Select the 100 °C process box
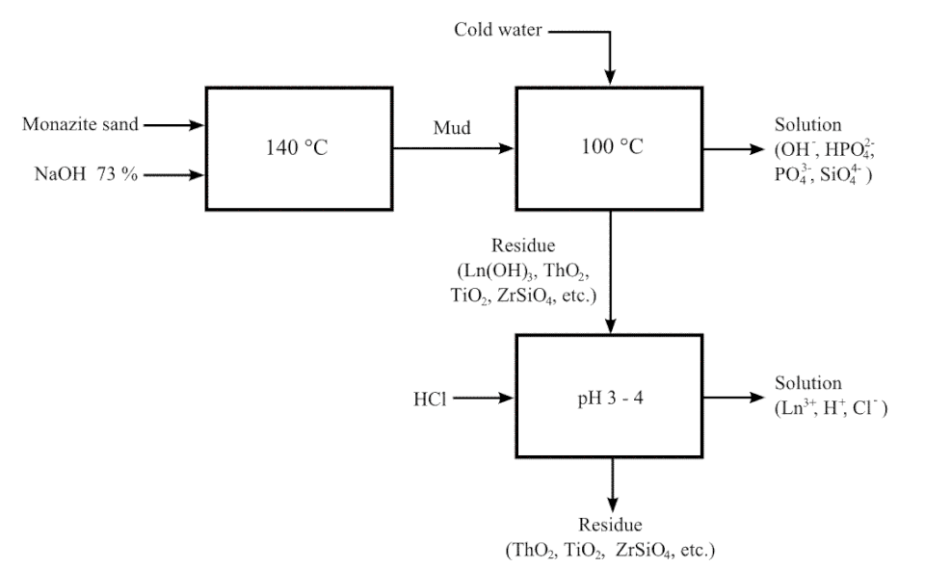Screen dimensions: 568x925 (609, 148)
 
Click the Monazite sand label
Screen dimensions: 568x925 (80, 124)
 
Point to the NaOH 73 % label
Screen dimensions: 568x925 (80, 175)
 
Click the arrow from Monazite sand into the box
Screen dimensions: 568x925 (173, 124)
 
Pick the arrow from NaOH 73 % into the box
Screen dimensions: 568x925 (173, 175)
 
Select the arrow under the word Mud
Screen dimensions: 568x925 (453, 149)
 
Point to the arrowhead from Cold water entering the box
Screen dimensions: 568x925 (609, 75)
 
